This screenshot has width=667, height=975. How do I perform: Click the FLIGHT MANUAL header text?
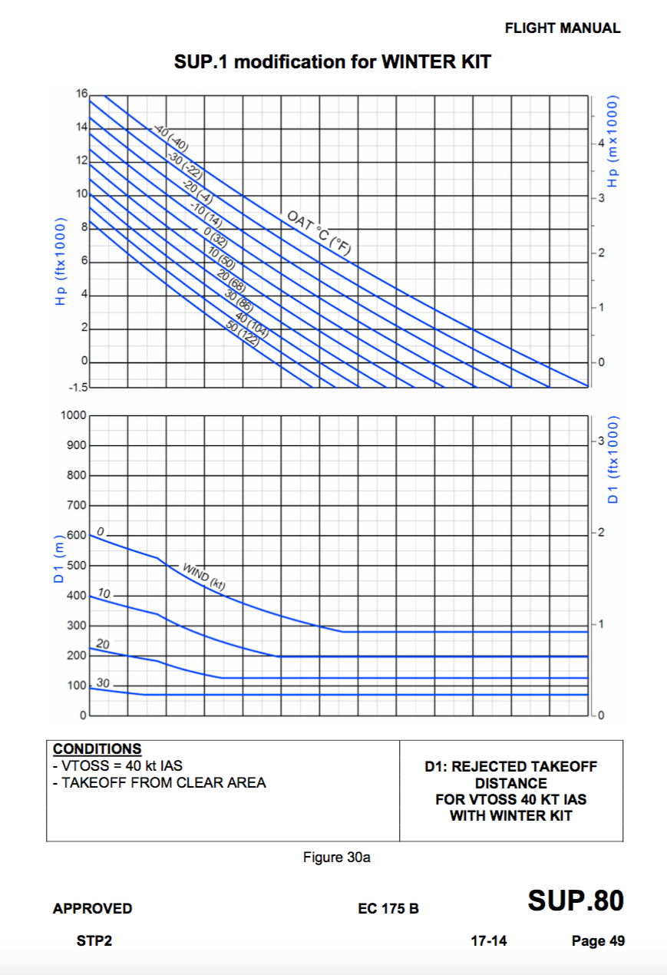tap(562, 28)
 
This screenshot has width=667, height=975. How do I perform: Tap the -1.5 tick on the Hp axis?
tap(78, 386)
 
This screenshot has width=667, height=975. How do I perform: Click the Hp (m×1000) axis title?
tap(613, 143)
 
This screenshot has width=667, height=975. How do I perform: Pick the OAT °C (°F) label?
tap(319, 233)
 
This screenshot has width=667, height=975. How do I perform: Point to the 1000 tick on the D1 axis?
tap(73, 415)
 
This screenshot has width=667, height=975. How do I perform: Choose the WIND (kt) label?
tap(203, 576)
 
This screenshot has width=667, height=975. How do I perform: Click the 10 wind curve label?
tap(104, 594)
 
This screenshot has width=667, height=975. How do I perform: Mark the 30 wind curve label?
tap(103, 683)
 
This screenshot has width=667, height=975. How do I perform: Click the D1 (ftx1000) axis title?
tap(613, 460)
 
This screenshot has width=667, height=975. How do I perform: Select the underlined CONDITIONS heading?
tap(97, 749)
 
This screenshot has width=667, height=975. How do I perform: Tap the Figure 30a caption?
tap(336, 858)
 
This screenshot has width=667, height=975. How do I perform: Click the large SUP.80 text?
tap(575, 901)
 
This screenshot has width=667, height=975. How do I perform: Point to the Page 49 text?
tap(598, 941)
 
